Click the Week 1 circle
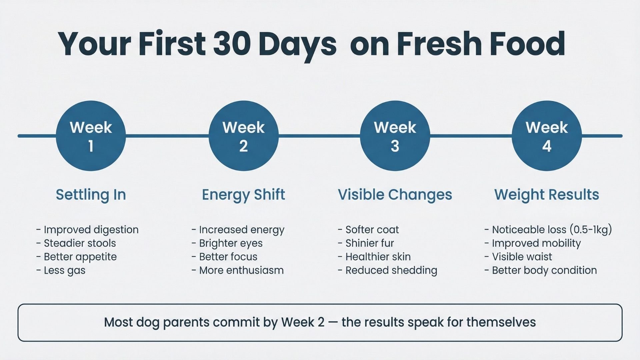point(91,136)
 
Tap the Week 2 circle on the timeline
point(243,136)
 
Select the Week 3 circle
point(395,136)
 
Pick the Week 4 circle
point(547,136)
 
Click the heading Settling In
point(91,195)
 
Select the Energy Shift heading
point(243,195)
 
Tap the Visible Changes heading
point(395,195)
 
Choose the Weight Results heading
point(547,195)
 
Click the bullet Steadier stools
point(80,243)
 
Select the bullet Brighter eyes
point(231,243)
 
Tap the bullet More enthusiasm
point(241,270)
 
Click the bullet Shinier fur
point(370,243)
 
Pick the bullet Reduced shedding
point(391,270)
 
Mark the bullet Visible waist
point(522,257)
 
